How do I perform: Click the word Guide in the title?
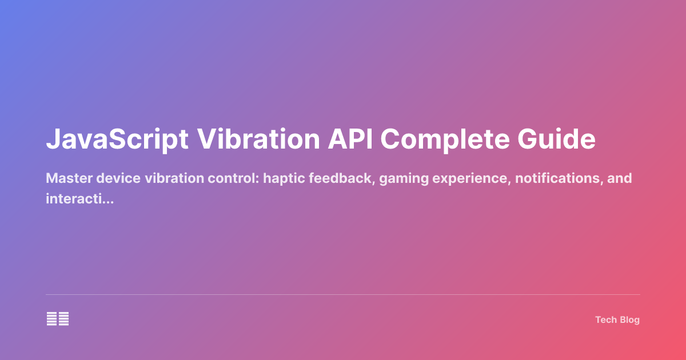pos(563,140)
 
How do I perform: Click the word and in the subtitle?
pos(620,178)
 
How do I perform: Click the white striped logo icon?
pos(58,319)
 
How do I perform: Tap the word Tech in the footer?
pos(605,320)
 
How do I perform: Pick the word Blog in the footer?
pos(629,320)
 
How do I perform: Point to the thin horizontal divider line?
pos(343,295)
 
